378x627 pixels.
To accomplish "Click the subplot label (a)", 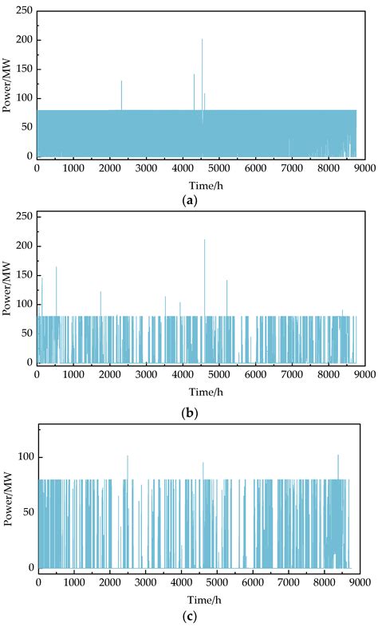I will tap(189, 200).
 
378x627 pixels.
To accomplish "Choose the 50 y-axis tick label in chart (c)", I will tap(26, 512).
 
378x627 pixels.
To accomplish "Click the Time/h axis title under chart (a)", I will tap(189, 184).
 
